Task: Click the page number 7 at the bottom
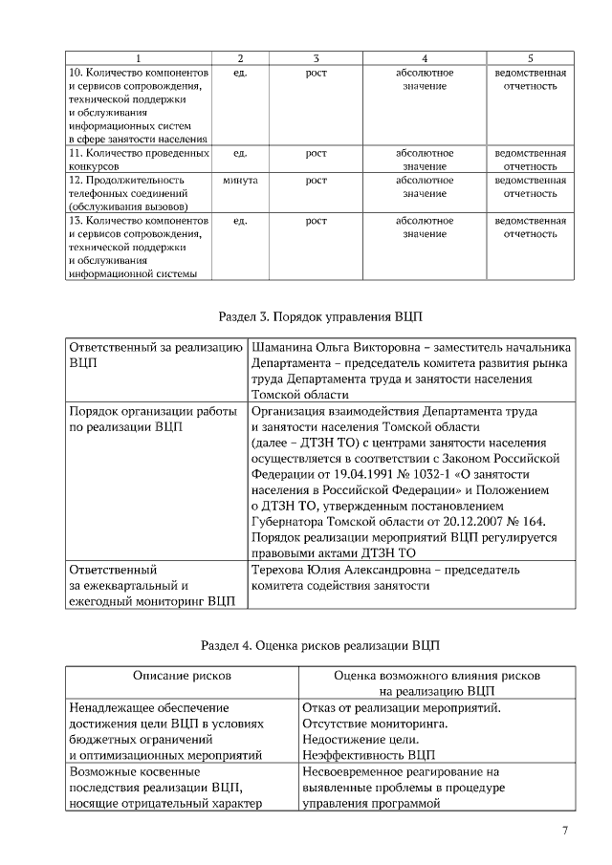pyautogui.click(x=564, y=831)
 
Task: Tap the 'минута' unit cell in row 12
pyautogui.click(x=239, y=180)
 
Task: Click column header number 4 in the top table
pyautogui.click(x=425, y=58)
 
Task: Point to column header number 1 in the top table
pyautogui.click(x=138, y=58)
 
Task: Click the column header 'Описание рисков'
pyautogui.click(x=182, y=675)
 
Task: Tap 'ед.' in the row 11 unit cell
pyautogui.click(x=239, y=153)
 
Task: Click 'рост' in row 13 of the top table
pyautogui.click(x=316, y=221)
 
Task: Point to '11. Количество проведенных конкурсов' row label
pyautogui.click(x=138, y=159)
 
